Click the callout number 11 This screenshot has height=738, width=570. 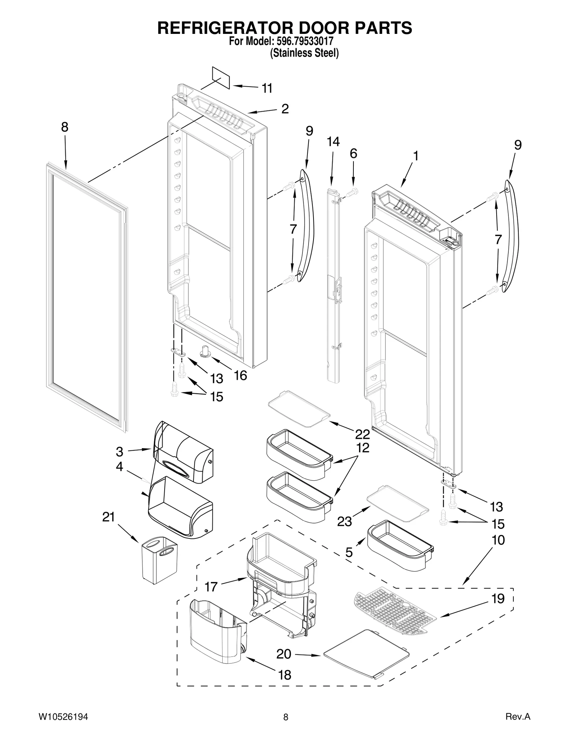267,88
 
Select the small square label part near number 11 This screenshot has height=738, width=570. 221,77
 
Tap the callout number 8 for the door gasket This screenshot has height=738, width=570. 64,127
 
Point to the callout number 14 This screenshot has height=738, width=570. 333,141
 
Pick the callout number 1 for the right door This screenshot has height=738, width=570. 415,156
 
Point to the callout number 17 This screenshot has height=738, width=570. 211,586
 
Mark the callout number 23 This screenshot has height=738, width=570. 344,521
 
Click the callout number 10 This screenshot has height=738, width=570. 498,540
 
